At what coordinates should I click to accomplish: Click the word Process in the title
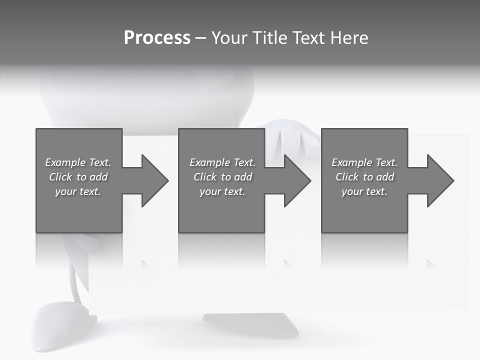click(157, 38)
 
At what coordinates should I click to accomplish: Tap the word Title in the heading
click(270, 38)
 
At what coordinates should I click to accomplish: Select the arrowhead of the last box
click(439, 180)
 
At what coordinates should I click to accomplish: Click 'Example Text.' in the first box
click(78, 162)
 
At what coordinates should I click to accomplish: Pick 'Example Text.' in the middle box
click(222, 162)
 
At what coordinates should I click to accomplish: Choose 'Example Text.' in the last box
click(364, 162)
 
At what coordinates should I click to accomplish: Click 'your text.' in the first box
click(78, 191)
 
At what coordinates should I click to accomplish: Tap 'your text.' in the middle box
click(222, 191)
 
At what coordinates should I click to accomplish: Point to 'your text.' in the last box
click(364, 191)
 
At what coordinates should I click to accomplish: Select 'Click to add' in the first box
click(78, 177)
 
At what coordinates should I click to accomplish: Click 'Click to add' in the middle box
click(222, 177)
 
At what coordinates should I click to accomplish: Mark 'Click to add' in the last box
click(364, 177)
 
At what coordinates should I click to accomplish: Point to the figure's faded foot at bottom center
click(250, 325)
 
